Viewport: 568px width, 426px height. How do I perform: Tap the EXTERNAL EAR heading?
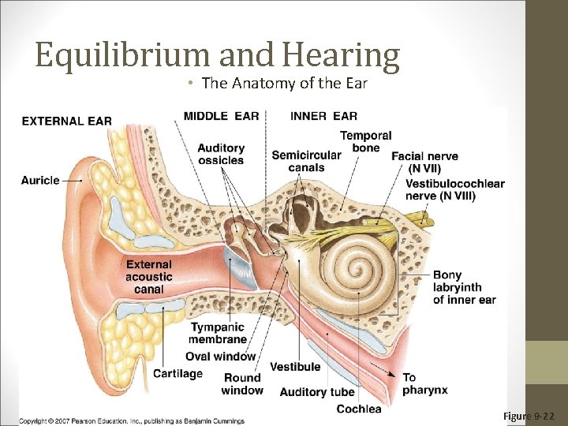tap(66, 121)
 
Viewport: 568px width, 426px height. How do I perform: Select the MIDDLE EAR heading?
tap(221, 116)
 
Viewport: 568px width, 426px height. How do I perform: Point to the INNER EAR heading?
tap(323, 116)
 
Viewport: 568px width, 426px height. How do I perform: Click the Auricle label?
tap(40, 180)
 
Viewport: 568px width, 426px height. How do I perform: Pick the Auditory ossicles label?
tap(221, 154)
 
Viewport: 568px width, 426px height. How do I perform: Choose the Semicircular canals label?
tap(306, 161)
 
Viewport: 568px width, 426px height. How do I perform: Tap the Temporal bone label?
tap(365, 142)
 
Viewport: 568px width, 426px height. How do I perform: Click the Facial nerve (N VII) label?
tap(424, 162)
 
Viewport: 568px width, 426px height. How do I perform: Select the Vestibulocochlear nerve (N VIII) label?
tap(454, 189)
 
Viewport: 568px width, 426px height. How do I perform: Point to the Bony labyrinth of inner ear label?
tap(464, 287)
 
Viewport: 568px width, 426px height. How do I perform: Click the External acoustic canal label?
tap(148, 277)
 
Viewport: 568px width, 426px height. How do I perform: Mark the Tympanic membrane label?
tap(219, 333)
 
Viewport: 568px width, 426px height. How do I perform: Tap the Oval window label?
tap(221, 357)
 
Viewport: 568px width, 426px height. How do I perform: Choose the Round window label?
tap(242, 384)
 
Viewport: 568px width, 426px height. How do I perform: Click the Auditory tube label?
tap(317, 392)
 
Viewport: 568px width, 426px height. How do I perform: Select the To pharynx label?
tap(424, 383)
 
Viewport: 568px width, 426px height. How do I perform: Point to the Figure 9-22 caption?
tap(529, 416)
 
